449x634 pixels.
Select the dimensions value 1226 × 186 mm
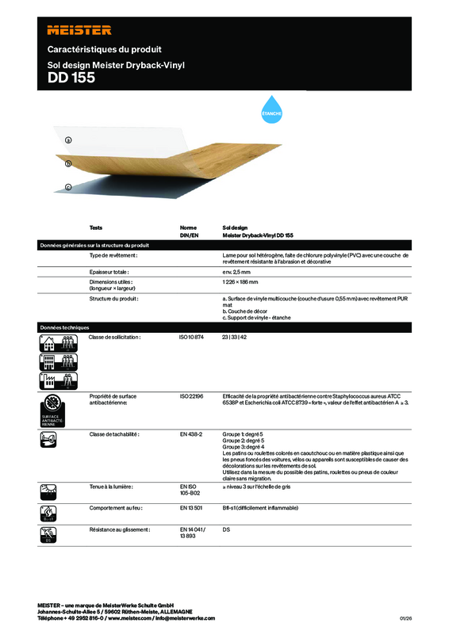[242, 282]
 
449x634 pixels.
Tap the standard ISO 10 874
[192, 338]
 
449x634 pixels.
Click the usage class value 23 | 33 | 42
[236, 338]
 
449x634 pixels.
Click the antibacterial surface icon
[53, 406]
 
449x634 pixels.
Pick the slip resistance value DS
[226, 528]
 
